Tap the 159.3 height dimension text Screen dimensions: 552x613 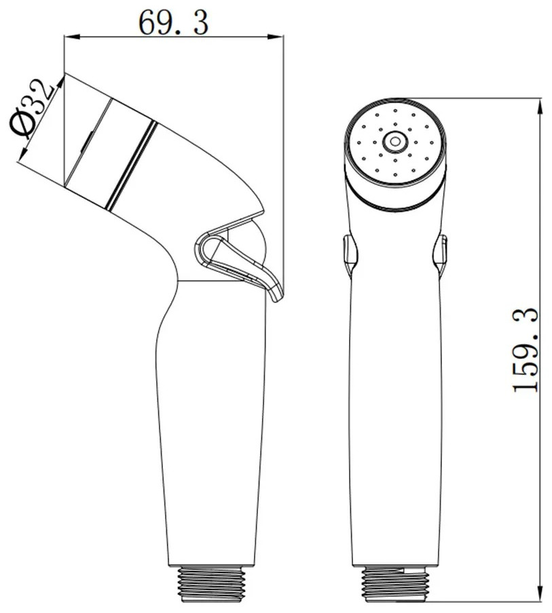click(526, 350)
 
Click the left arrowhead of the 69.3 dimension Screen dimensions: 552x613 click(72, 37)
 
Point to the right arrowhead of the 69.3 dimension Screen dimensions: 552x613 click(276, 37)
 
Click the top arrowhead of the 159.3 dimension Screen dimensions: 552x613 click(540, 106)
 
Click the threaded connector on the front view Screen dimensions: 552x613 click(394, 585)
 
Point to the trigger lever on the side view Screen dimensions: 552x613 click(239, 266)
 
